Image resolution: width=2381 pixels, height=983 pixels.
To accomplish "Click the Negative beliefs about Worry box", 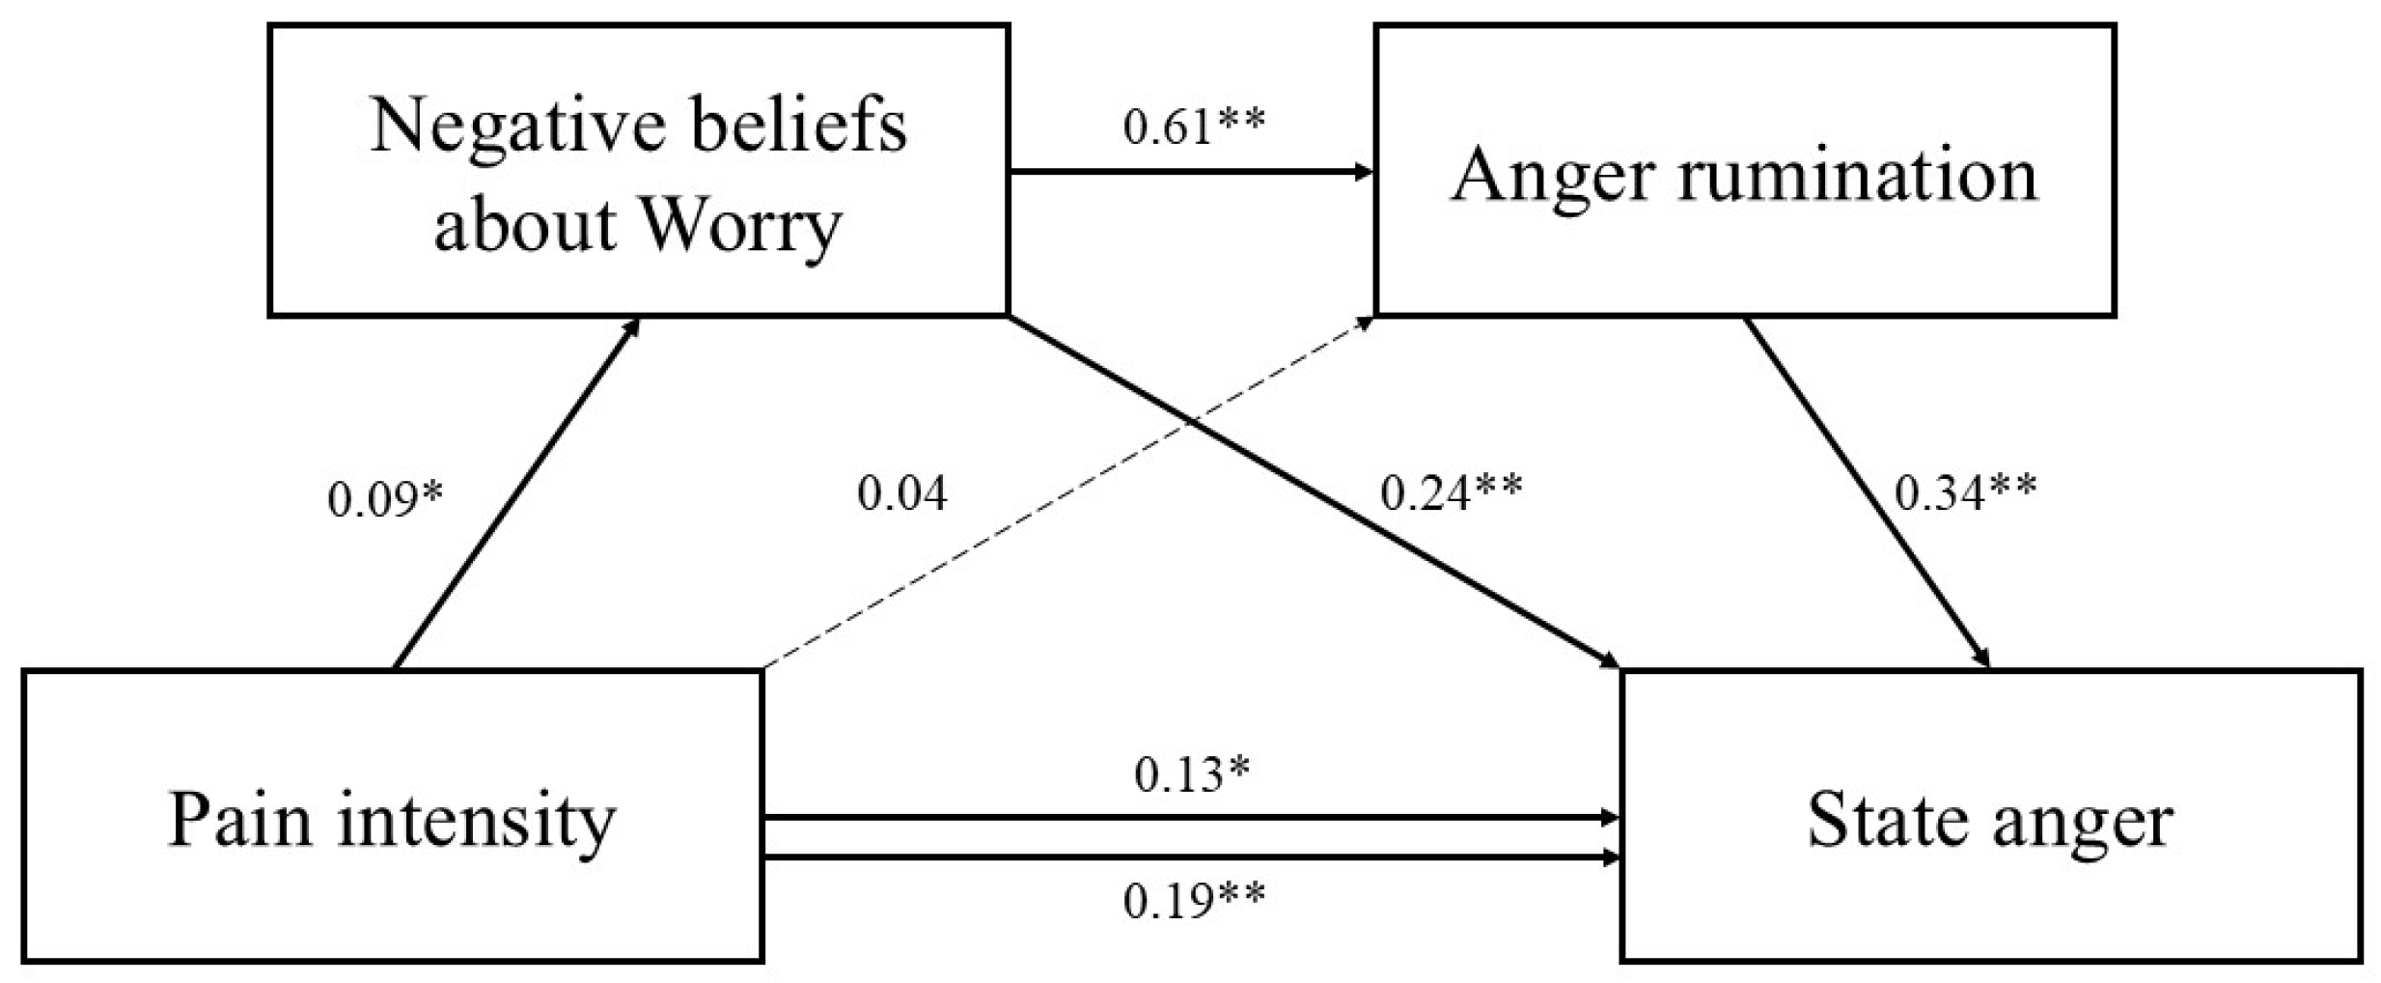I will coord(638,171).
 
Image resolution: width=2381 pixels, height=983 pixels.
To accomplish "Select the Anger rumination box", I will coord(1744,171).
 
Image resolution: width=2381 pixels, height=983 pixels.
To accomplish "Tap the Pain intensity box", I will coord(392,816).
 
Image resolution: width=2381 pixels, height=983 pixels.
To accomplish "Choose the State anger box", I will coord(1990,816).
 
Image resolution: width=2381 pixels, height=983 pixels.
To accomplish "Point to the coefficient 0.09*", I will coord(385,499).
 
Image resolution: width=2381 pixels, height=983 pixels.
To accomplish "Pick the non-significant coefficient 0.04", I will coord(901,492).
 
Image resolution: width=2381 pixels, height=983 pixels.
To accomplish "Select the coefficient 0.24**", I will coord(1451,492).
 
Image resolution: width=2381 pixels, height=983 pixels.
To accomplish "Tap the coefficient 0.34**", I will coord(1965,492).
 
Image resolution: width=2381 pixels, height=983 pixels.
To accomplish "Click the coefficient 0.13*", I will coord(1191,773).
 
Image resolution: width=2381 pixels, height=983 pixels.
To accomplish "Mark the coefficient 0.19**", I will coord(1193,901).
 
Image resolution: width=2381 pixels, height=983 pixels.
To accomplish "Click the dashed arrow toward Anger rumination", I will coord(1066,494).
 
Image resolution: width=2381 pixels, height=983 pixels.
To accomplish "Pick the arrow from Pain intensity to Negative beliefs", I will coord(516,492).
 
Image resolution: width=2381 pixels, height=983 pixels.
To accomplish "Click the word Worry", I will coord(740,225).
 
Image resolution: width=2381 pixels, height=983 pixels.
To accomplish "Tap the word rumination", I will coord(1857,176).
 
